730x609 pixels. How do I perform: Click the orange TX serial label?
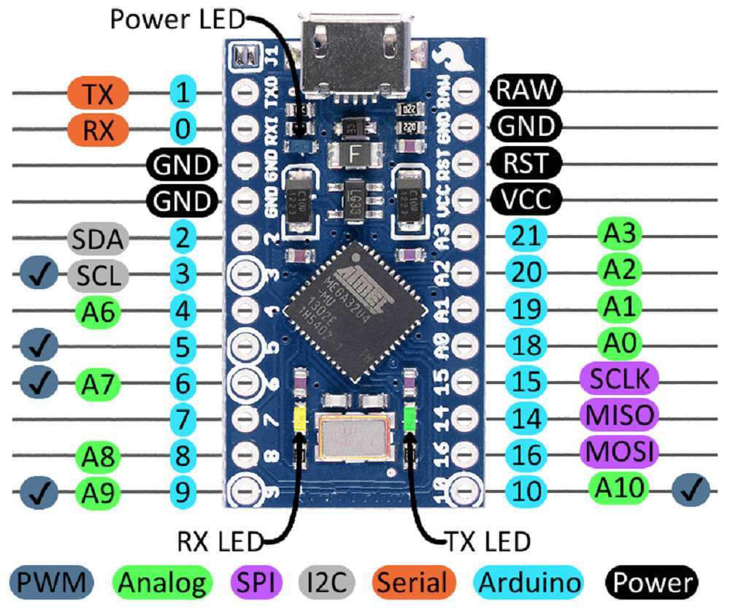click(x=98, y=93)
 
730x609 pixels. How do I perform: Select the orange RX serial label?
click(x=98, y=130)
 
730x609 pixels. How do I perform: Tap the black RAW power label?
click(x=526, y=91)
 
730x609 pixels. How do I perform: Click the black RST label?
click(x=526, y=162)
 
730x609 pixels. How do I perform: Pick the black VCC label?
click(x=526, y=198)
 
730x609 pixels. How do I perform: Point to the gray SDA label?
click(x=98, y=238)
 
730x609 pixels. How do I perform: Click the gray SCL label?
click(x=98, y=275)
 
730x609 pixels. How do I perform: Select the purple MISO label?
click(x=620, y=416)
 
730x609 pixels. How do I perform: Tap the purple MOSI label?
click(x=620, y=451)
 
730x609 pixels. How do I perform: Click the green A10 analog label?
click(x=620, y=487)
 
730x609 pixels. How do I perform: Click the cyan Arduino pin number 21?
click(x=526, y=236)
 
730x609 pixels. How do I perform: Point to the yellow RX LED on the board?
click(x=299, y=418)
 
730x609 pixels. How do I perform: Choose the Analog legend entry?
click(x=162, y=583)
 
